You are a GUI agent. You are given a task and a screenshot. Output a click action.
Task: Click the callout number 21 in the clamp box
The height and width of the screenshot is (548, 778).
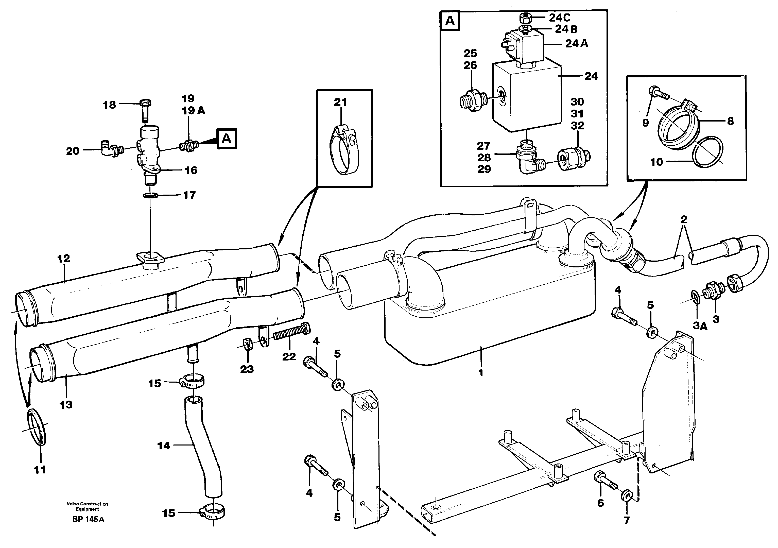[340, 102]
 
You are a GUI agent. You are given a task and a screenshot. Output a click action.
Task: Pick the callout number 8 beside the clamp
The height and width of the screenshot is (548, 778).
[730, 121]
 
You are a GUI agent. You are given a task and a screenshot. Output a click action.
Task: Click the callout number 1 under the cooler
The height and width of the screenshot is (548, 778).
[480, 372]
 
